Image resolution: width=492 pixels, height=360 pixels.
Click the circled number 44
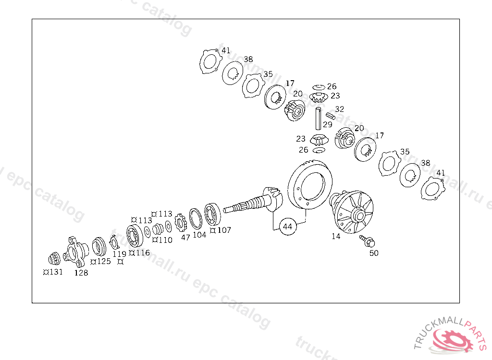(x=287, y=227)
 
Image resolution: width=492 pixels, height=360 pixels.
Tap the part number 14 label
(x=335, y=236)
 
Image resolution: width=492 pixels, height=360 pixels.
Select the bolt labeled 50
(x=369, y=241)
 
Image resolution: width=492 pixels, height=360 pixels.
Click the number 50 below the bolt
(x=374, y=253)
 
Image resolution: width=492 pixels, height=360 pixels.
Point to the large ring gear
(x=310, y=185)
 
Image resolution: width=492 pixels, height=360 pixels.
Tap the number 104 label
(x=199, y=235)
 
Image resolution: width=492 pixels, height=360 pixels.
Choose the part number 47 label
(x=185, y=237)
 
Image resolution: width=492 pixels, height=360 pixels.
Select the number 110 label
(x=165, y=240)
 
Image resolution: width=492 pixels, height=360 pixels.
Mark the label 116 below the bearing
(x=142, y=252)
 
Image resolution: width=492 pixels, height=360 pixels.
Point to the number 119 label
(x=120, y=254)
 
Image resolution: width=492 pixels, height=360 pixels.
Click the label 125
(x=103, y=261)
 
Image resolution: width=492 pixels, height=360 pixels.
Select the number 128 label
(x=81, y=273)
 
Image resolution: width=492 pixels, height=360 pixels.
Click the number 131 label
(x=55, y=272)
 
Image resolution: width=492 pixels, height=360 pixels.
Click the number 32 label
(x=340, y=109)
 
